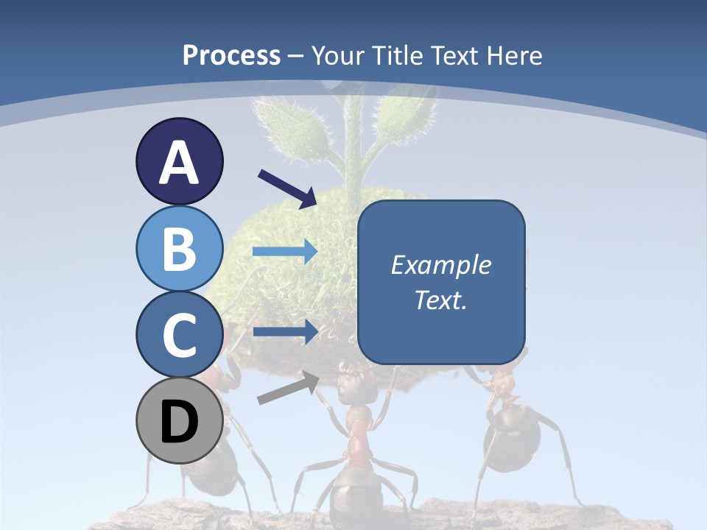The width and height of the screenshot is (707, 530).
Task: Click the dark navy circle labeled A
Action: [180, 161]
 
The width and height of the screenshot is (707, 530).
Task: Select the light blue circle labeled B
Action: [180, 248]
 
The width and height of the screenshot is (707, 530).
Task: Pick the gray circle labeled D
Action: [180, 420]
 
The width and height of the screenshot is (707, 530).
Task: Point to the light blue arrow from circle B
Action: [285, 252]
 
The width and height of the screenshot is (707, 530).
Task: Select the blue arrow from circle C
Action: [285, 332]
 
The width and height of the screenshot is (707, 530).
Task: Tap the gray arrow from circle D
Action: [288, 388]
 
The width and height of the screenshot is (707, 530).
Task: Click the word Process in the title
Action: [231, 55]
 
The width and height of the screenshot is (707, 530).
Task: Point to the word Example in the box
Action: [440, 265]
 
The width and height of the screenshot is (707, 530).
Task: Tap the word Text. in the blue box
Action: [440, 300]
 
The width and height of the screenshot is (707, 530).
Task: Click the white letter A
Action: [180, 163]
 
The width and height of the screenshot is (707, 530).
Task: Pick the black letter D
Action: [180, 422]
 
